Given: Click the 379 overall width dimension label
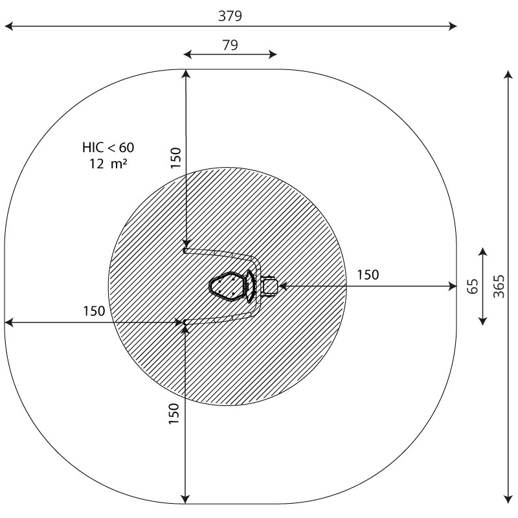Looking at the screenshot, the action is pyautogui.click(x=230, y=16).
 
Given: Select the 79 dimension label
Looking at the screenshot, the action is pyautogui.click(x=230, y=45).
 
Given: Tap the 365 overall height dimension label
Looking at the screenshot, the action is pyautogui.click(x=499, y=286).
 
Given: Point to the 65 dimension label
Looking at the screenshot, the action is pyautogui.click(x=473, y=286).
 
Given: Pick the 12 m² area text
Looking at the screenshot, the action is pyautogui.click(x=108, y=164).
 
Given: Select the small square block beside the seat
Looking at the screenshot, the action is pyautogui.click(x=270, y=286).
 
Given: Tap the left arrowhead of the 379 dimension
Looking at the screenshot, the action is pyautogui.click(x=8, y=26).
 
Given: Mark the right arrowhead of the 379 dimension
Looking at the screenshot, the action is pyautogui.click(x=453, y=26).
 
